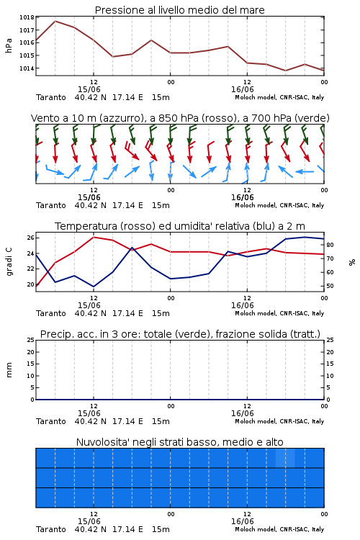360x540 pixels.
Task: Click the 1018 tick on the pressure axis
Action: click(x=27, y=17)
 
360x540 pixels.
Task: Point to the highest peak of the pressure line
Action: click(x=55, y=21)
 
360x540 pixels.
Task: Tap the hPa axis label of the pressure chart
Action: click(x=9, y=46)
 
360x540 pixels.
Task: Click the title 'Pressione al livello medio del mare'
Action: click(x=180, y=10)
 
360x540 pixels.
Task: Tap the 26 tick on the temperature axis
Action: click(x=31, y=238)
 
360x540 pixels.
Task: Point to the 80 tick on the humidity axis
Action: click(x=330, y=245)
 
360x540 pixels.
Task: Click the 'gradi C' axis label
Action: click(x=9, y=262)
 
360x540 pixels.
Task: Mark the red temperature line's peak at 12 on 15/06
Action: click(x=94, y=237)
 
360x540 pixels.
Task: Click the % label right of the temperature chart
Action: click(x=352, y=262)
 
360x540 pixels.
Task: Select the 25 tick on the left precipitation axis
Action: click(x=31, y=340)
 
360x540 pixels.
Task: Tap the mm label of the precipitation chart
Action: click(x=9, y=370)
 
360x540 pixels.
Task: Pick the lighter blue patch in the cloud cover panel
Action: click(x=285, y=458)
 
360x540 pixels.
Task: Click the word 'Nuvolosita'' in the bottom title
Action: click(x=99, y=442)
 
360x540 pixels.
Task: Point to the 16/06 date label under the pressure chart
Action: click(x=243, y=89)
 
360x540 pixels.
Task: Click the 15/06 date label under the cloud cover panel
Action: click(x=89, y=521)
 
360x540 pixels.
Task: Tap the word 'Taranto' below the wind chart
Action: click(x=51, y=205)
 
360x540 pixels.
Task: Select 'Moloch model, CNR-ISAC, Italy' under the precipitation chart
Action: click(x=279, y=421)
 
